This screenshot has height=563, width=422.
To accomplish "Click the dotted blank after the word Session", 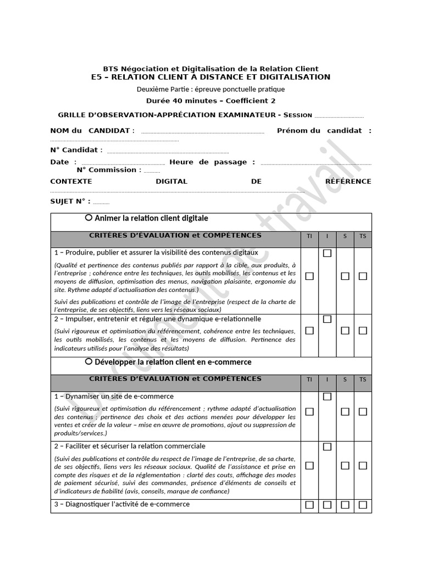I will pyautogui.click(x=339, y=116).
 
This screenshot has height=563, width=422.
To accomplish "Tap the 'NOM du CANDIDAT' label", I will pyautogui.click(x=92, y=131).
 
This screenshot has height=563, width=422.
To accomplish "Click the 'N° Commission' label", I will pyautogui.click(x=109, y=170).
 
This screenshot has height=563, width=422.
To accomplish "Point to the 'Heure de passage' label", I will pyautogui.click(x=212, y=162).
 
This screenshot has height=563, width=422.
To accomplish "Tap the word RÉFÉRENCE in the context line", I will pyautogui.click(x=348, y=181).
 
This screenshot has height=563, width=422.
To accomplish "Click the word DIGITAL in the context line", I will pyautogui.click(x=171, y=181).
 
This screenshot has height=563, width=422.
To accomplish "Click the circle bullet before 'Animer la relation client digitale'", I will pyautogui.click(x=88, y=218).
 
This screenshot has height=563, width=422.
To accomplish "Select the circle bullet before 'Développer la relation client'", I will pyautogui.click(x=88, y=362).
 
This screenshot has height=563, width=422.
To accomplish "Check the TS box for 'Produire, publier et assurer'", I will pyautogui.click(x=363, y=277).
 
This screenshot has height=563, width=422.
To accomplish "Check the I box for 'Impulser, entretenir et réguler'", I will pyautogui.click(x=327, y=319).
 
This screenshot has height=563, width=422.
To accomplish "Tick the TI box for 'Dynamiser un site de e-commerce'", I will pyautogui.click(x=309, y=412).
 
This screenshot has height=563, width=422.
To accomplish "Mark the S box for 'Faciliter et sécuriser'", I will pyautogui.click(x=345, y=466).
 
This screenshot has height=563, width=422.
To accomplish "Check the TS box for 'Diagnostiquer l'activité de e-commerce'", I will pyautogui.click(x=363, y=505).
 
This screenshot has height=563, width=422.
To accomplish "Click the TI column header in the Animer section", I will pyautogui.click(x=309, y=236).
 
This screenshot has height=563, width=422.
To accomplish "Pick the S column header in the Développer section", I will pyautogui.click(x=345, y=379).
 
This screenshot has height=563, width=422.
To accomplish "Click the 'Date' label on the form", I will pyautogui.click(x=59, y=162).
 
